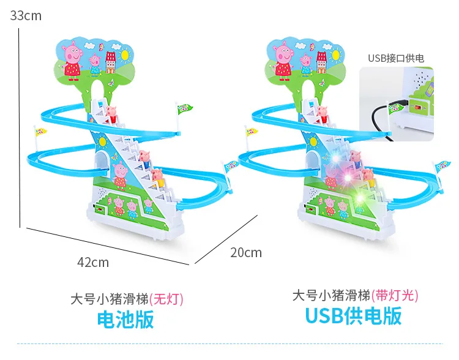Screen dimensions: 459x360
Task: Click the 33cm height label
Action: (26, 15)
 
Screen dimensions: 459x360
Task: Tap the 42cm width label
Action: (93, 263)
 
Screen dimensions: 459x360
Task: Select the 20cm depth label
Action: (246, 253)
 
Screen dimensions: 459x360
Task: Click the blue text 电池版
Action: (125, 319)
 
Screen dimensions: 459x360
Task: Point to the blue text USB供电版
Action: (353, 316)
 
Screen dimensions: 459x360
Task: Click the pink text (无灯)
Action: (166, 299)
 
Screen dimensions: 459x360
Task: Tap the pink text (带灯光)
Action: (395, 295)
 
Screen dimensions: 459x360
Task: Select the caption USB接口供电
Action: (396, 58)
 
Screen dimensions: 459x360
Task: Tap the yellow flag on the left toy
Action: (40, 132)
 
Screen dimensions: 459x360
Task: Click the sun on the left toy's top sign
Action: (125, 54)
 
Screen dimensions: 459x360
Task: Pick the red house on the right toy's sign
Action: (321, 62)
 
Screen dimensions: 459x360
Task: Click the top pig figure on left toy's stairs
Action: (111, 114)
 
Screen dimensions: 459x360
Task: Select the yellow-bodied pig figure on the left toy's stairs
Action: (159, 178)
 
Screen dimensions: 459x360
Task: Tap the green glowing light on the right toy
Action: (360, 198)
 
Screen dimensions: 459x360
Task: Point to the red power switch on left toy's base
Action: (100, 210)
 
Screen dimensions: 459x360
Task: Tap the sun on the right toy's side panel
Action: (313, 142)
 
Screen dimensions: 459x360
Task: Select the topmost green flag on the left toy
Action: (184, 109)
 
